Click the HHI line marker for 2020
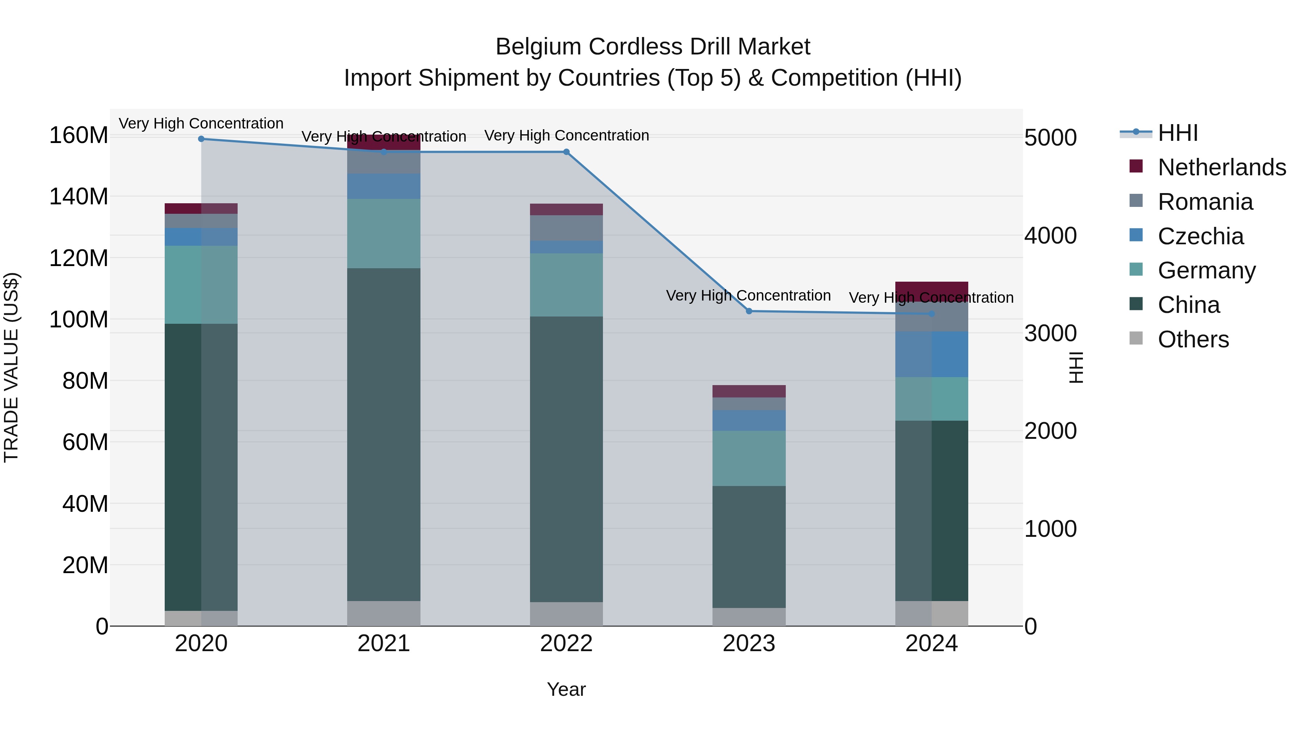point(201,139)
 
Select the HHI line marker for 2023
point(749,311)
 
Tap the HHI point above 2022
point(566,152)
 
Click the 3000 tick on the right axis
point(1050,333)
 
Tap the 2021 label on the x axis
point(384,644)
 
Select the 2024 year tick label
point(931,644)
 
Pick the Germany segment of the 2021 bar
point(384,233)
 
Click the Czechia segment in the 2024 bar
point(931,354)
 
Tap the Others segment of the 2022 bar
point(566,614)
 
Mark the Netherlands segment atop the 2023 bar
point(749,391)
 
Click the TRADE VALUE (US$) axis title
point(11,367)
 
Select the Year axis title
point(566,689)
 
